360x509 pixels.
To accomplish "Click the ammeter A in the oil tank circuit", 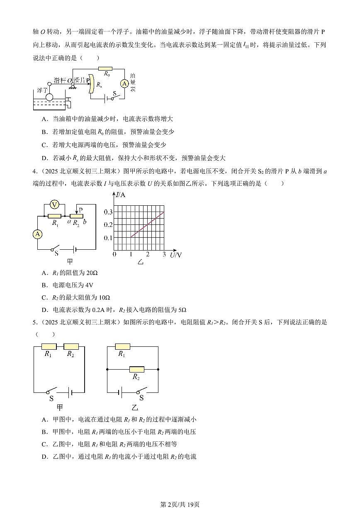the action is (x=124, y=84).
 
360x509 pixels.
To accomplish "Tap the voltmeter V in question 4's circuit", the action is (x=53, y=204).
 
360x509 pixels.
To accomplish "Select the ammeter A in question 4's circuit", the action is (x=38, y=234).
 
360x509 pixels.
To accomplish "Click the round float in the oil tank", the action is (x=49, y=97).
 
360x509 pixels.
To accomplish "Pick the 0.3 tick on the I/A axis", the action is (x=107, y=212).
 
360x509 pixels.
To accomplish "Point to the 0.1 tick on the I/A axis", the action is (x=107, y=238).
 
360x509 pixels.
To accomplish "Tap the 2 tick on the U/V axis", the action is (x=148, y=254).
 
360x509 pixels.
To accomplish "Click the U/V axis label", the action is (x=176, y=254).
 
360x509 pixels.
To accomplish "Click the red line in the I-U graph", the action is (x=147, y=224).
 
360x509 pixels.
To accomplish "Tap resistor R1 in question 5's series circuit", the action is (x=49, y=346).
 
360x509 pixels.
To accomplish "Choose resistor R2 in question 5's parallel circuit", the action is (x=136, y=369).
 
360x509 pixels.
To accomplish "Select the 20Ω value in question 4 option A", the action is (x=92, y=273).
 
